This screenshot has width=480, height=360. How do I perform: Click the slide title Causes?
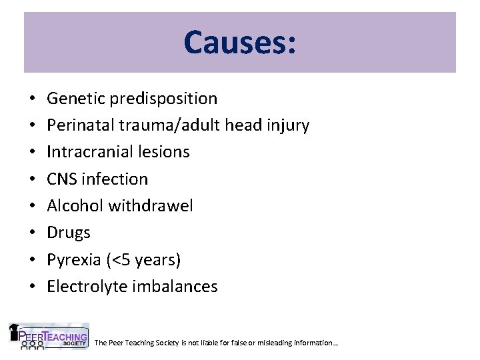[240, 42]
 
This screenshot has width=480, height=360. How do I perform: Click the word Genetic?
[74, 99]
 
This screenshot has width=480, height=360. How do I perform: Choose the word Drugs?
[69, 233]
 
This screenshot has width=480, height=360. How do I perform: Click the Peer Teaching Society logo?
[48, 336]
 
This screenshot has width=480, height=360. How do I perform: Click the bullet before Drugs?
[33, 233]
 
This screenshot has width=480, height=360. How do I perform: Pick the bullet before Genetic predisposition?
[33, 99]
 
